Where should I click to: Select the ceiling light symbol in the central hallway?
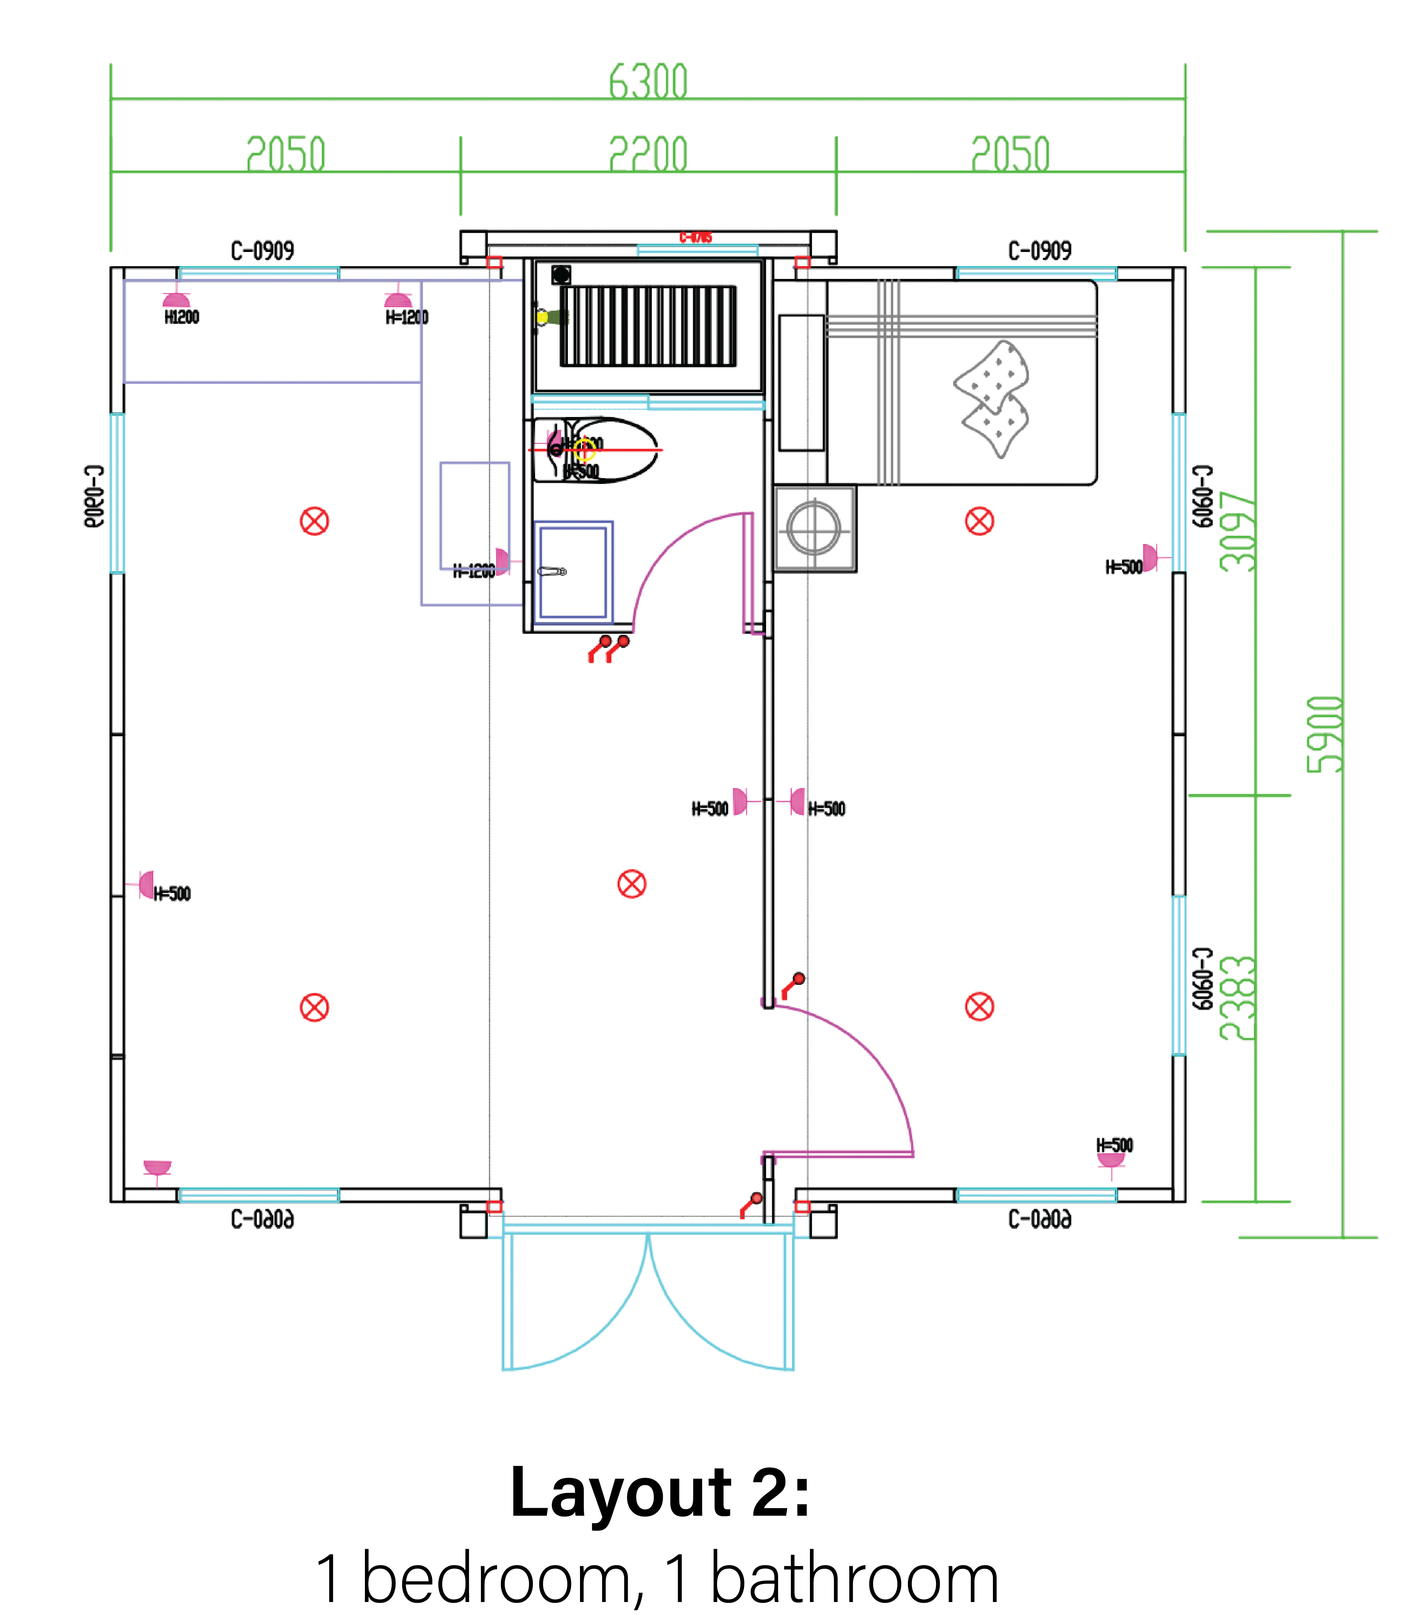(631, 884)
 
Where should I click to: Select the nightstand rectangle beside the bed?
(802, 382)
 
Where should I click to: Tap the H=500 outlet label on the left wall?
(172, 894)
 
